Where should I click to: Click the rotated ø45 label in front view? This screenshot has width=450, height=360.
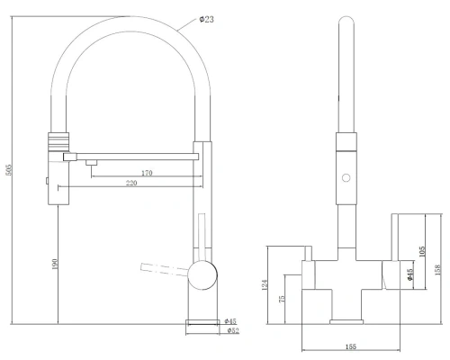410,276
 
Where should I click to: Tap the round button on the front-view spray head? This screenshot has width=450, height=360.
343,178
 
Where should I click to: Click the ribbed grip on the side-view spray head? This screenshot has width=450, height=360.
56,140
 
